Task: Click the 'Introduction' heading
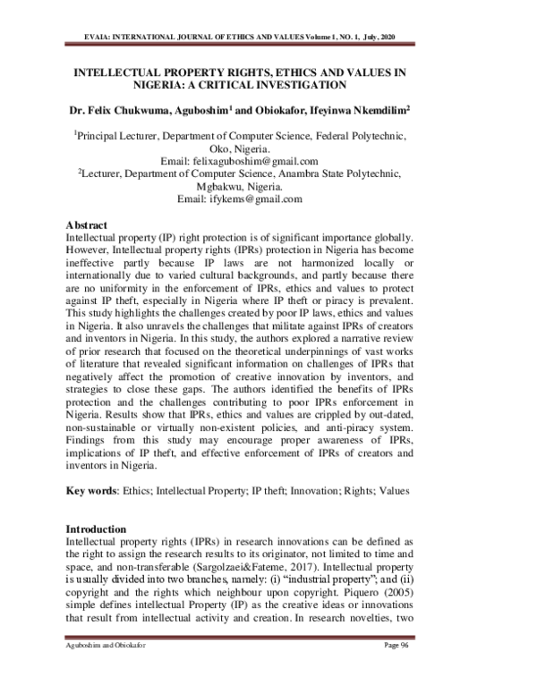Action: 98,529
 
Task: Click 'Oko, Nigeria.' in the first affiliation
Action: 242,147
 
